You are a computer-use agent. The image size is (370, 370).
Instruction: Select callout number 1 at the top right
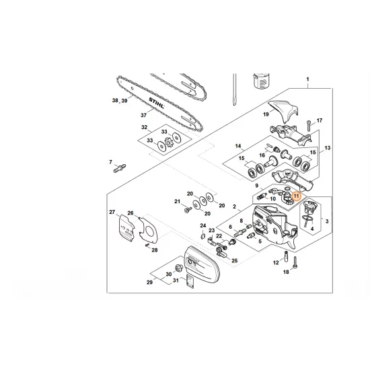pos(307,79)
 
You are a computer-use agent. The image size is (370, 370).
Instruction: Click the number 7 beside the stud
pos(110,161)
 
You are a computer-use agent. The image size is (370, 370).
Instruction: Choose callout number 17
pos(320,121)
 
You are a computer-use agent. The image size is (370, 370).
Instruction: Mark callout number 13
pos(328,148)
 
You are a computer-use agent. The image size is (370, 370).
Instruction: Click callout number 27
pos(112,213)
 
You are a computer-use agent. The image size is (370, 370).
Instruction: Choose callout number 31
pos(177,281)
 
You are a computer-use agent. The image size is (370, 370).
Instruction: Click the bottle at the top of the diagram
pos(258,84)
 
